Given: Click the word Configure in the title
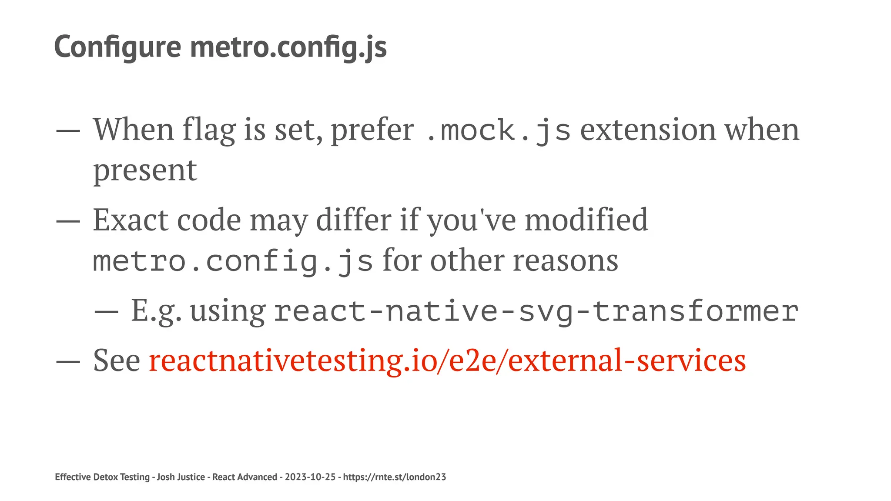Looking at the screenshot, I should pos(117,47).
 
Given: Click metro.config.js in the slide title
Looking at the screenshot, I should pos(288,47).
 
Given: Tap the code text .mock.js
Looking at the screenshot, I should pos(498,130).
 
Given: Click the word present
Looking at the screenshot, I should pos(145,170).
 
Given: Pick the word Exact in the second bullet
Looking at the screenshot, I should pos(131,220).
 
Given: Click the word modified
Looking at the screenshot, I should pos(586,220).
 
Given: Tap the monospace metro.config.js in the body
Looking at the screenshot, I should pos(233,261).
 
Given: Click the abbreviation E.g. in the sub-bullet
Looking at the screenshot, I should pos(156,311).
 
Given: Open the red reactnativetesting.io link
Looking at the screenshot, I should pos(447,361).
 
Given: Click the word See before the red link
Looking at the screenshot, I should pos(117,361).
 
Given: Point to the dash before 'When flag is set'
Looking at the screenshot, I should pos(68,131).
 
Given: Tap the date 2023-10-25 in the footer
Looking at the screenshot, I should pos(310,477).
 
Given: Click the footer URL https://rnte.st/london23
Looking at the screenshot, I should pos(394,477).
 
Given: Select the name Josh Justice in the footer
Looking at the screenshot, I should pos(181,477).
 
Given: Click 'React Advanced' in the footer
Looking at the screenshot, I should pos(245,477).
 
